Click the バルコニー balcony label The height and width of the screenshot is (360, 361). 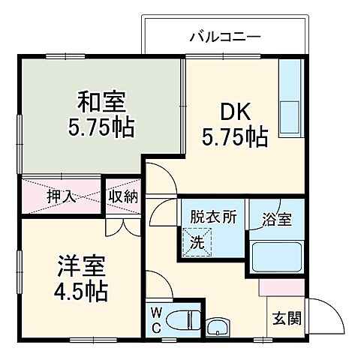click(224, 35)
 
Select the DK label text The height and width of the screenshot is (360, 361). click(233, 110)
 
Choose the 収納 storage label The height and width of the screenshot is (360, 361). click(122, 197)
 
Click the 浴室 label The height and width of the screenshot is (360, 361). click(275, 220)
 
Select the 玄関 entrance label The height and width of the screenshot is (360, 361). click(286, 318)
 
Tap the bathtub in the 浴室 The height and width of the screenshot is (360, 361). click(275, 258)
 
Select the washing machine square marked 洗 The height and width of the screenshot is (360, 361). click(197, 242)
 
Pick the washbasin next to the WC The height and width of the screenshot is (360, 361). click(219, 327)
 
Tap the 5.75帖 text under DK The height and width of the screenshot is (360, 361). click(234, 136)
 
